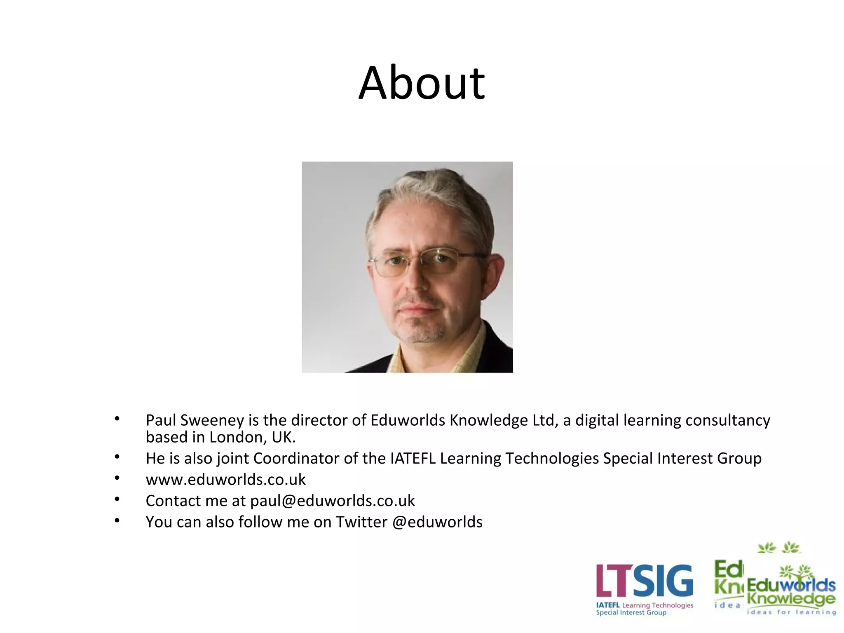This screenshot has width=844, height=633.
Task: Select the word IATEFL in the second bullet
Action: tap(413, 458)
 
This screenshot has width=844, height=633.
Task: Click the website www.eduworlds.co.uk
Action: tap(225, 480)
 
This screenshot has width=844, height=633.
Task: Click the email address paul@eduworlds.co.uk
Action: tap(332, 501)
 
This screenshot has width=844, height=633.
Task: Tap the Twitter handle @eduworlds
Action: tap(437, 522)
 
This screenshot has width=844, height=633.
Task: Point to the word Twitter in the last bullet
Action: tap(361, 522)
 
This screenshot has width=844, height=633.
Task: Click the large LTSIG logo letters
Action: tap(644, 581)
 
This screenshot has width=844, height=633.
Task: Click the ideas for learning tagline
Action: tap(791, 612)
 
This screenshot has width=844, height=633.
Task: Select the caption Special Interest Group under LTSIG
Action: tap(631, 613)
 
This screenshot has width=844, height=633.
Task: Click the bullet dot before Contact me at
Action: tap(117, 499)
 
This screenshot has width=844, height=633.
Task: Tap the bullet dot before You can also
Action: tap(117, 520)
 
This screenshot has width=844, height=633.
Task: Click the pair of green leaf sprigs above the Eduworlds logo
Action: tap(778, 547)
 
